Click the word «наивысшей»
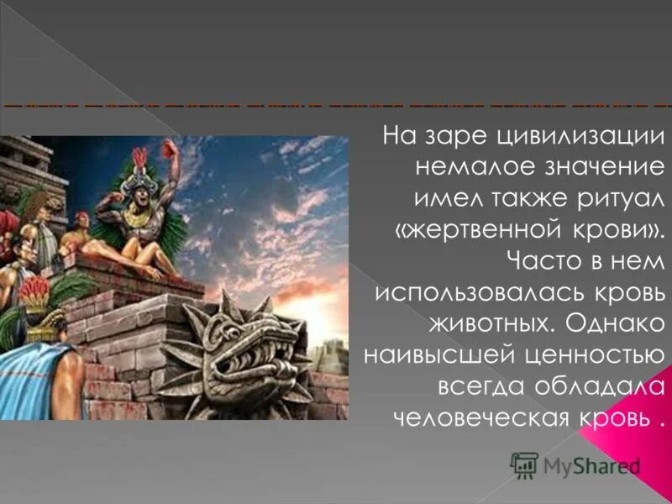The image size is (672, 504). click(434, 354)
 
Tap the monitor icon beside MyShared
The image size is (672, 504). click(524, 465)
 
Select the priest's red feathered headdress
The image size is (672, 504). click(139, 158)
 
